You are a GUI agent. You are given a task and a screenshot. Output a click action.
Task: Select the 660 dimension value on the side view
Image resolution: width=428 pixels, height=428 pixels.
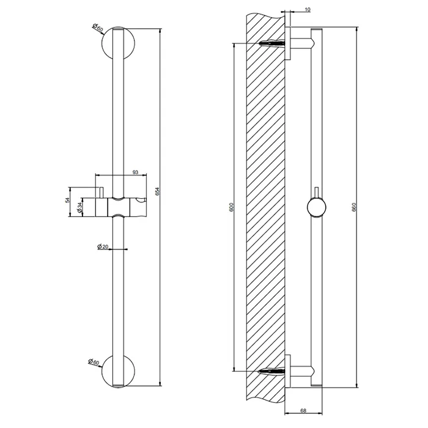(354, 207)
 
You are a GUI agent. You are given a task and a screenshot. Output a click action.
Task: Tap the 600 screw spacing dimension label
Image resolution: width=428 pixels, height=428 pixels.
(231, 207)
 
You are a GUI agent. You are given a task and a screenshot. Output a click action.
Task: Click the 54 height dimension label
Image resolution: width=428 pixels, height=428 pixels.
(68, 201)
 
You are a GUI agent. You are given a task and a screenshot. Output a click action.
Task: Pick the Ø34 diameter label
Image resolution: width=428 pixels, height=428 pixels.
(79, 209)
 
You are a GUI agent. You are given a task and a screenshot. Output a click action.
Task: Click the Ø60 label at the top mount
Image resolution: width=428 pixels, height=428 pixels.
(96, 28)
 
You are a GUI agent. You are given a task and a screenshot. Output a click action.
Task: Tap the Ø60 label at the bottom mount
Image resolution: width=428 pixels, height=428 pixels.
(94, 362)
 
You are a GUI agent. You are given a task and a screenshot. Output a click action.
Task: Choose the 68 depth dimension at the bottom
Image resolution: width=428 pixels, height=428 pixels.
(304, 410)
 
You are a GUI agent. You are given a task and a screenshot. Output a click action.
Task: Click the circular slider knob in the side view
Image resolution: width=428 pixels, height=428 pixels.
(316, 208)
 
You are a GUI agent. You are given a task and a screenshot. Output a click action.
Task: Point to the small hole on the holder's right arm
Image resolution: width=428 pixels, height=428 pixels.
(145, 201)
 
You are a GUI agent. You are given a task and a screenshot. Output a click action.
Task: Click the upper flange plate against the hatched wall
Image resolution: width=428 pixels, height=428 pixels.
(288, 43)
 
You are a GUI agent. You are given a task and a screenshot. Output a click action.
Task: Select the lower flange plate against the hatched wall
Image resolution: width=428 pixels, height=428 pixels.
(288, 371)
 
